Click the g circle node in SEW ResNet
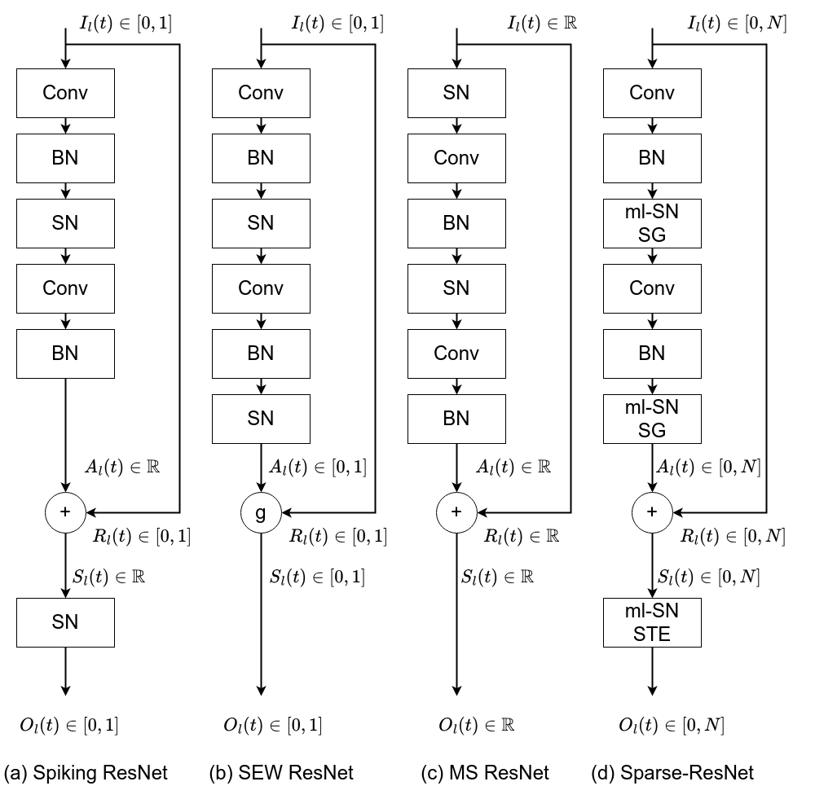click(261, 512)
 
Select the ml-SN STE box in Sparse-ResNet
click(652, 622)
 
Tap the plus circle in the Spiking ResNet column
click(65, 512)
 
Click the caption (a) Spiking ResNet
click(86, 771)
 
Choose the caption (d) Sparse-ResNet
click(672, 771)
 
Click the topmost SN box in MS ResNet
click(456, 93)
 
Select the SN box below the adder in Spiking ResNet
click(65, 622)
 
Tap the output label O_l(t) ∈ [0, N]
click(672, 724)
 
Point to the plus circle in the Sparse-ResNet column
click(652, 512)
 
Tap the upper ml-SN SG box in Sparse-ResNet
click(652, 223)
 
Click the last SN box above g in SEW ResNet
click(261, 419)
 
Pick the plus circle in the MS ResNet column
click(456, 512)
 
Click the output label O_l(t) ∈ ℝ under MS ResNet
click(477, 724)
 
